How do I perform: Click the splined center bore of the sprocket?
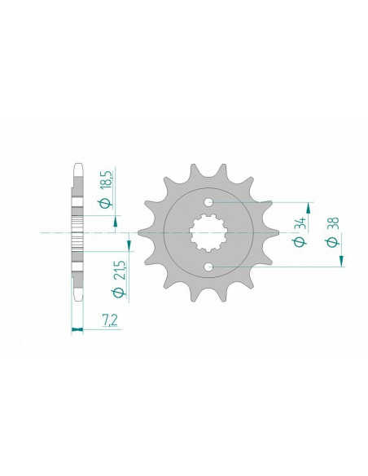pyautogui.click(x=208, y=235)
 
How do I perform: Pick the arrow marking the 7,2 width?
pyautogui.click(x=78, y=330)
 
